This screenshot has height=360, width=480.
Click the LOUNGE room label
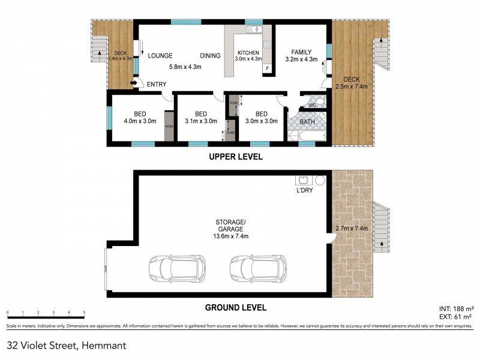pyautogui.click(x=160, y=56)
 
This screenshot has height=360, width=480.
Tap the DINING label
pyautogui.click(x=210, y=56)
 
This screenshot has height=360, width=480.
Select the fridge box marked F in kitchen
pyautogui.click(x=266, y=68)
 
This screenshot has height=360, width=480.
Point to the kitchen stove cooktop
pyautogui.click(x=267, y=44)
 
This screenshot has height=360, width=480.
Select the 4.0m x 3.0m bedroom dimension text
pyautogui.click(x=139, y=121)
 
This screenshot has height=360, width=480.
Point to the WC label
pyautogui.click(x=312, y=106)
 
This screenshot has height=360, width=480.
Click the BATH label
pyautogui.click(x=307, y=122)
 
